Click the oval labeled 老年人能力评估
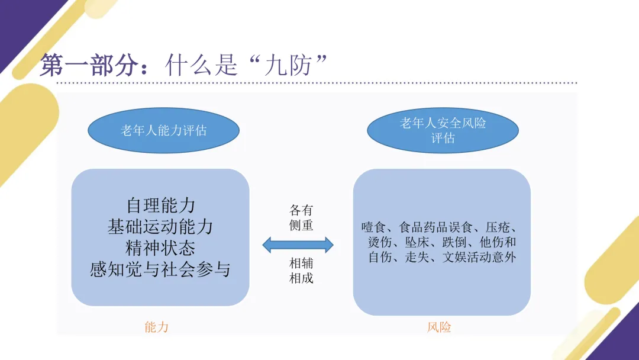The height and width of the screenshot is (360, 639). [x=163, y=130]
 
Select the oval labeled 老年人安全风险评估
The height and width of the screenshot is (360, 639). [x=443, y=130]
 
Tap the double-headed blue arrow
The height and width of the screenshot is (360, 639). [x=298, y=244]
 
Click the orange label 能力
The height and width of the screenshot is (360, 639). [x=156, y=327]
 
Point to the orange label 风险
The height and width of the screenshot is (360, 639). [x=439, y=327]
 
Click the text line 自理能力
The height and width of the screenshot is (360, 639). [x=160, y=205]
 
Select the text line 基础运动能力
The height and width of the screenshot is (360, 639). [x=160, y=227]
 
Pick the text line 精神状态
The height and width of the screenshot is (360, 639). [x=160, y=248]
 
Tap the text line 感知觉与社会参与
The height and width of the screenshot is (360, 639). [x=160, y=270]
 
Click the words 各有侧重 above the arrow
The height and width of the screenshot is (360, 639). [x=301, y=218]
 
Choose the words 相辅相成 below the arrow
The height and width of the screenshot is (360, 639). [x=301, y=270]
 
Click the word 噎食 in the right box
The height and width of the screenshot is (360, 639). [x=373, y=227]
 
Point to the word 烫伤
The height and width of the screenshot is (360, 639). [x=379, y=243]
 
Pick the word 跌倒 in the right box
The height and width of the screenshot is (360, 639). [x=459, y=243]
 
